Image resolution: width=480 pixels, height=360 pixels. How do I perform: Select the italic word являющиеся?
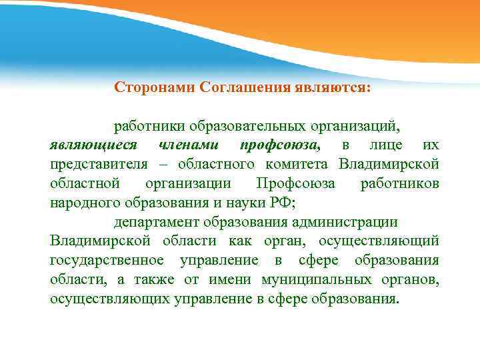pyautogui.click(x=94, y=145)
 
